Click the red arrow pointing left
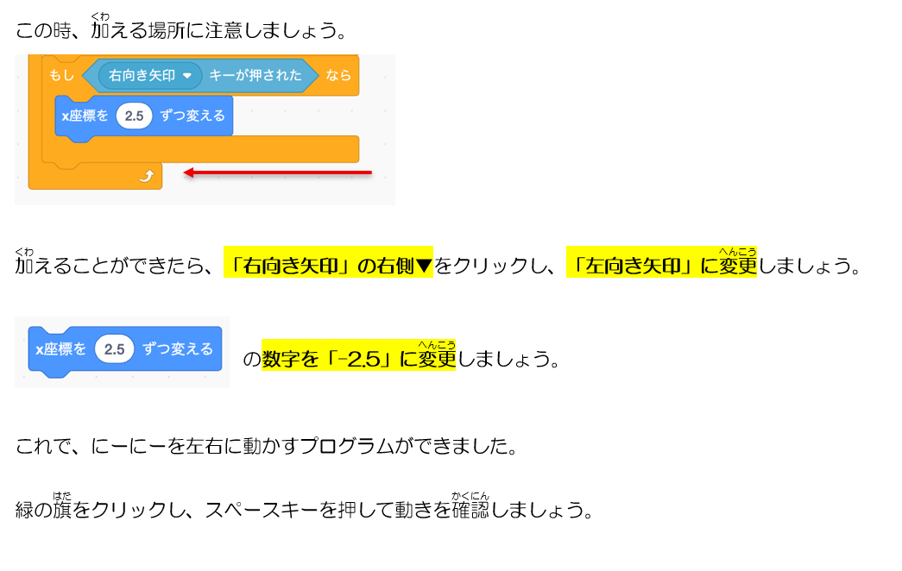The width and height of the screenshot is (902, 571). point(277,172)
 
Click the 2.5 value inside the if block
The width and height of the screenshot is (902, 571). point(134,116)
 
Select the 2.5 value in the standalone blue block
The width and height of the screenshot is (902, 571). point(115,348)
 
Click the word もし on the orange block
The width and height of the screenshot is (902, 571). point(61,75)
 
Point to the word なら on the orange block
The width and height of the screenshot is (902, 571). point(338,75)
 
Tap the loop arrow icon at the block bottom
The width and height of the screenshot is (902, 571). point(147,175)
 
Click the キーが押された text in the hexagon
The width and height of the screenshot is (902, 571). point(255,75)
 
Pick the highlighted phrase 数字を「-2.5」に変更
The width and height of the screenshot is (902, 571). point(358,356)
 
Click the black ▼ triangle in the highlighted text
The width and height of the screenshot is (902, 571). point(424,266)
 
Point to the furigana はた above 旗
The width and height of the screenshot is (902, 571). point(62,496)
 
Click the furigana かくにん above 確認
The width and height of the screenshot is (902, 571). point(470,496)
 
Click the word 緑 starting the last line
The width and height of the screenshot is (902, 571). point(25,510)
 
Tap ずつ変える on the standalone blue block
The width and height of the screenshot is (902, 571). point(178,349)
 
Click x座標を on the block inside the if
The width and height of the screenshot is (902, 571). point(85,116)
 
